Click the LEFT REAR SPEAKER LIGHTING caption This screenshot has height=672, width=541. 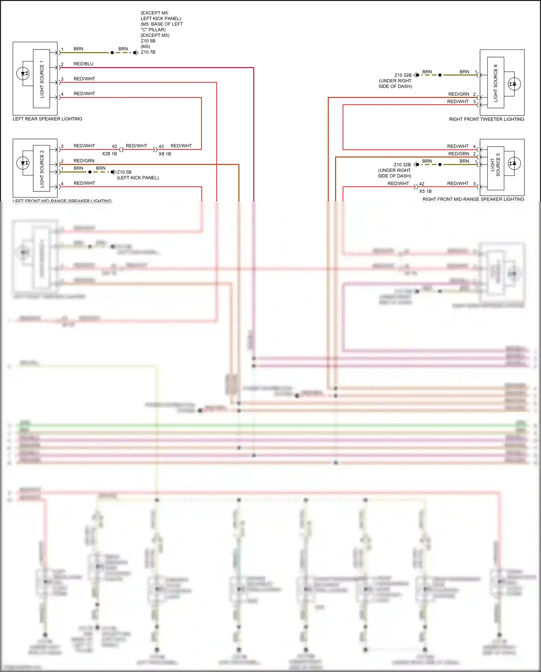click(47, 119)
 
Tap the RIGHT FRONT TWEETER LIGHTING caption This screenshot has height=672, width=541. click(486, 119)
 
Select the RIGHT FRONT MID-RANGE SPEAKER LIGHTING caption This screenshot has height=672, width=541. click(473, 199)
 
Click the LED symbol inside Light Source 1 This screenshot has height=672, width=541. click(23, 74)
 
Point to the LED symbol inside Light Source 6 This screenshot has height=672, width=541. click(514, 84)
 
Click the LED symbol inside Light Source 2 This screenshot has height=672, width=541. click(23, 163)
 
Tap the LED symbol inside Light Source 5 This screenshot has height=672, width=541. click(514, 163)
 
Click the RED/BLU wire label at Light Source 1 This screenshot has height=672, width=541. click(83, 64)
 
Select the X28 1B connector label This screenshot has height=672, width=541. click(109, 154)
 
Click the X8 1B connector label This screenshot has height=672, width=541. click(165, 154)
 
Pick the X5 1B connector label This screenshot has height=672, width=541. click(425, 191)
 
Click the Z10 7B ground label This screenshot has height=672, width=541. click(148, 52)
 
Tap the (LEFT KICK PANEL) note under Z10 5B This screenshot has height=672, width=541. click(138, 178)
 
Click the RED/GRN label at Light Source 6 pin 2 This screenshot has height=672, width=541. click(458, 94)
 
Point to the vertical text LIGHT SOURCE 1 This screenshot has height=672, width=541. click(42, 79)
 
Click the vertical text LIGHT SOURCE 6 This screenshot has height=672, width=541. click(496, 83)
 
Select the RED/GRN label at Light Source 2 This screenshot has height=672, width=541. click(84, 161)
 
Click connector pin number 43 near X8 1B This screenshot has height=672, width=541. click(161, 147)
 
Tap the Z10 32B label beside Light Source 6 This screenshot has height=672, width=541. click(403, 75)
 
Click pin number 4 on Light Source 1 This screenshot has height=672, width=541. click(62, 94)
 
